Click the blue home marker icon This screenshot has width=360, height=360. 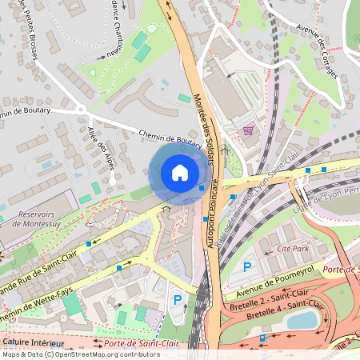coord(180,173)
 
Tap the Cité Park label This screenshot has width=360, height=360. coord(293,249)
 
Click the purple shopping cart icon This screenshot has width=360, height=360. coord(249,130)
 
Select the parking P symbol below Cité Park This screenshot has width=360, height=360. coord(247,267)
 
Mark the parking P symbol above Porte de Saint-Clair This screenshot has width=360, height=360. coord(178,300)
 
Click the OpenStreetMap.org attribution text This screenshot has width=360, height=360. coord(92,354)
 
